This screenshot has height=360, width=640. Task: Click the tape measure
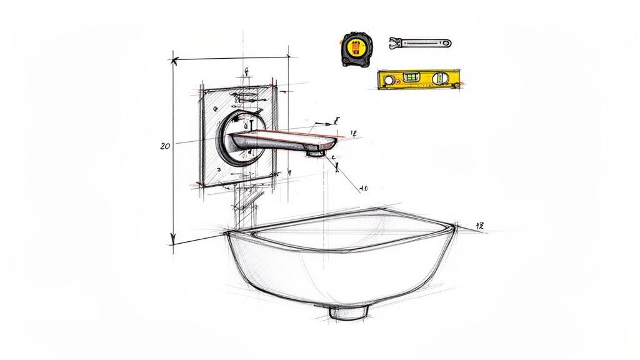[356, 49]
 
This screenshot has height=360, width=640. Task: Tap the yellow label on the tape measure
[355, 48]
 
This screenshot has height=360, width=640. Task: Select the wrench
[419, 43]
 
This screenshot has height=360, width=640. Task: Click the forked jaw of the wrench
[395, 42]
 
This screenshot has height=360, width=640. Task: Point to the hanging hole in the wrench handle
[445, 44]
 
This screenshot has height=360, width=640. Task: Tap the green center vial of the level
[412, 77]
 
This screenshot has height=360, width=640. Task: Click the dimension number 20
[165, 146]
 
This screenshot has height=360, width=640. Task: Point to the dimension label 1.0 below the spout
[364, 187]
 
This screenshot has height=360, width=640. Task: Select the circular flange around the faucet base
[238, 138]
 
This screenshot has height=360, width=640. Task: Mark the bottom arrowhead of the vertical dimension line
[173, 241]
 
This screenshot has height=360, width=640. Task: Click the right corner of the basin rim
[456, 226]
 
